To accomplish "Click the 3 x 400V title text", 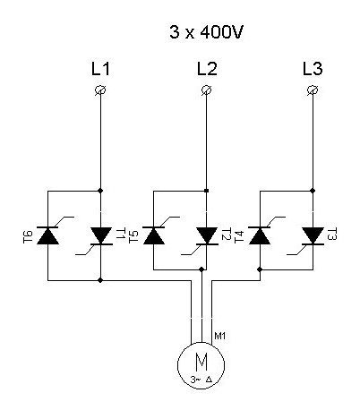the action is click(206, 32).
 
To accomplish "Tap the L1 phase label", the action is click(100, 69).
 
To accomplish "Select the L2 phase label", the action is click(207, 69).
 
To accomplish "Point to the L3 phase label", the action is click(313, 69).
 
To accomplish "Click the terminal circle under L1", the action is click(100, 90).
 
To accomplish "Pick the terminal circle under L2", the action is click(206, 90).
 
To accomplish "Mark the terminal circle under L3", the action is click(313, 90).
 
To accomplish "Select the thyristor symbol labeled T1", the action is click(100, 235).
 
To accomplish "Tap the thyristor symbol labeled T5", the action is click(154, 235).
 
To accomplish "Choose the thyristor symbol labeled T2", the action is click(207, 235).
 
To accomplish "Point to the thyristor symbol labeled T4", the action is click(260, 235).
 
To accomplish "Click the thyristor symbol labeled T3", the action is click(313, 235).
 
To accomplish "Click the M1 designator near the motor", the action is click(220, 336).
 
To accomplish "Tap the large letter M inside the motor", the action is click(201, 362).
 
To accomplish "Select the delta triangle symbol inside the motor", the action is click(209, 380).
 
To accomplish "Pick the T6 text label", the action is click(28, 236).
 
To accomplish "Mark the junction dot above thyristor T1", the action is click(100, 191).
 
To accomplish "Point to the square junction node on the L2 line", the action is click(207, 191).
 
